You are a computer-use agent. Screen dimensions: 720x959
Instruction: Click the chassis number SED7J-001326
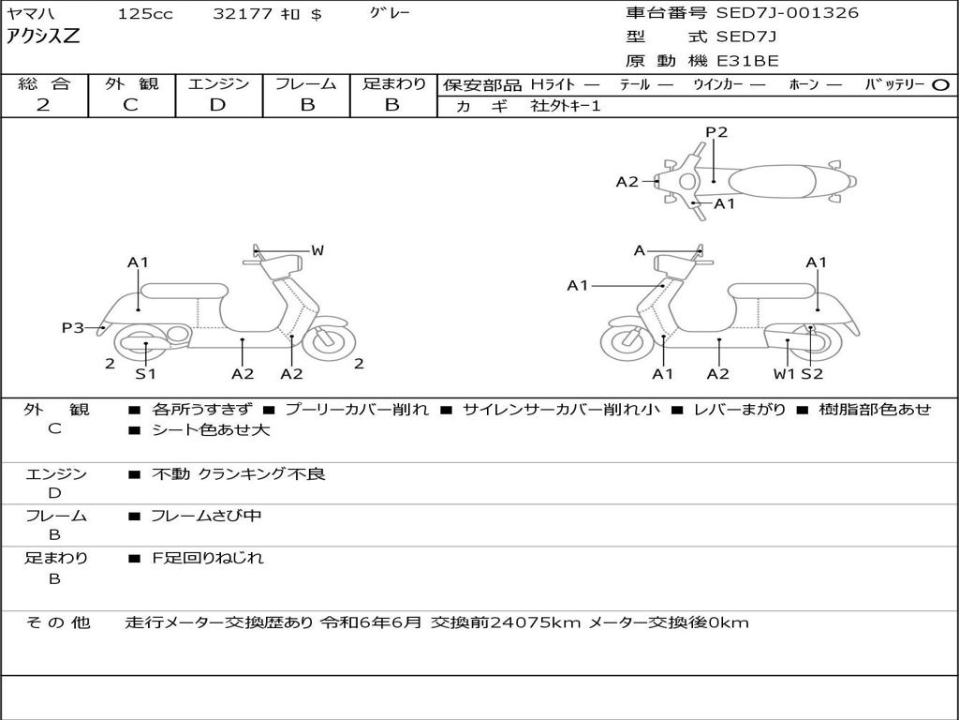tap(787, 13)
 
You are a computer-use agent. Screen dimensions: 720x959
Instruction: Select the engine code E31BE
tap(748, 61)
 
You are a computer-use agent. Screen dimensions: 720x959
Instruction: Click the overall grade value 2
tap(43, 105)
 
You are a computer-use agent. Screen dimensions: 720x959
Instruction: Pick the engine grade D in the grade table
tap(217, 105)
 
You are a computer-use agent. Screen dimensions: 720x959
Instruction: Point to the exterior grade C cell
tap(131, 105)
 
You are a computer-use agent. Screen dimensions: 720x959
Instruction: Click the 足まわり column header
tap(393, 84)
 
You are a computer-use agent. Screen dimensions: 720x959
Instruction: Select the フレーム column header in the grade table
tap(306, 84)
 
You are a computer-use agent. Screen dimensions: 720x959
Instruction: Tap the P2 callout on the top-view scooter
tap(716, 132)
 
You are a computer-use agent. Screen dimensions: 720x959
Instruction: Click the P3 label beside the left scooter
tap(73, 327)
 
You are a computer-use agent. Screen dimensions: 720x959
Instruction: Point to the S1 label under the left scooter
tap(145, 374)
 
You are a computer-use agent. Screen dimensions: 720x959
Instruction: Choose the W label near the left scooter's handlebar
tap(317, 250)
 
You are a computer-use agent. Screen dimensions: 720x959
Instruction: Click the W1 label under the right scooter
tap(784, 374)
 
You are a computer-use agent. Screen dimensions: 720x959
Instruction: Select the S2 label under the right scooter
tap(812, 374)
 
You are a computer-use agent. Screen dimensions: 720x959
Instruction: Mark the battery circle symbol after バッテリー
tap(941, 84)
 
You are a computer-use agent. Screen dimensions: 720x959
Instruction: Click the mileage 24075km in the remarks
tap(536, 622)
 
